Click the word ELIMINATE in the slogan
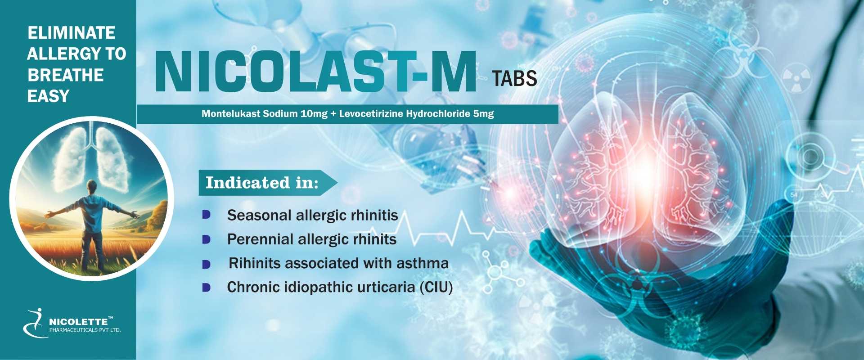72,33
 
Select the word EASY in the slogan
48,96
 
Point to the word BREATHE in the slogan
66,75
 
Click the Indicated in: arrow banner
268,183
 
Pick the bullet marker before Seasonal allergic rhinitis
206,215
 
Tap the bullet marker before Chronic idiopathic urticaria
206,287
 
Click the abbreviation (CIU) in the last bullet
436,287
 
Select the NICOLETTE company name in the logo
79,322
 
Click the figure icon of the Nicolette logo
35,323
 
